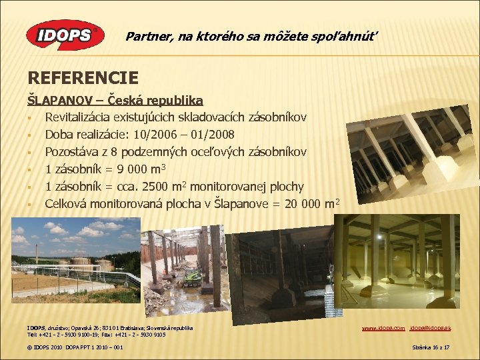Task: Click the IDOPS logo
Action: point(64,35)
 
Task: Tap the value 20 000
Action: point(307,204)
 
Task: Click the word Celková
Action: point(66,204)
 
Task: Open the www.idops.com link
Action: point(383,329)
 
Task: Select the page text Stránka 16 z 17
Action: point(431,348)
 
